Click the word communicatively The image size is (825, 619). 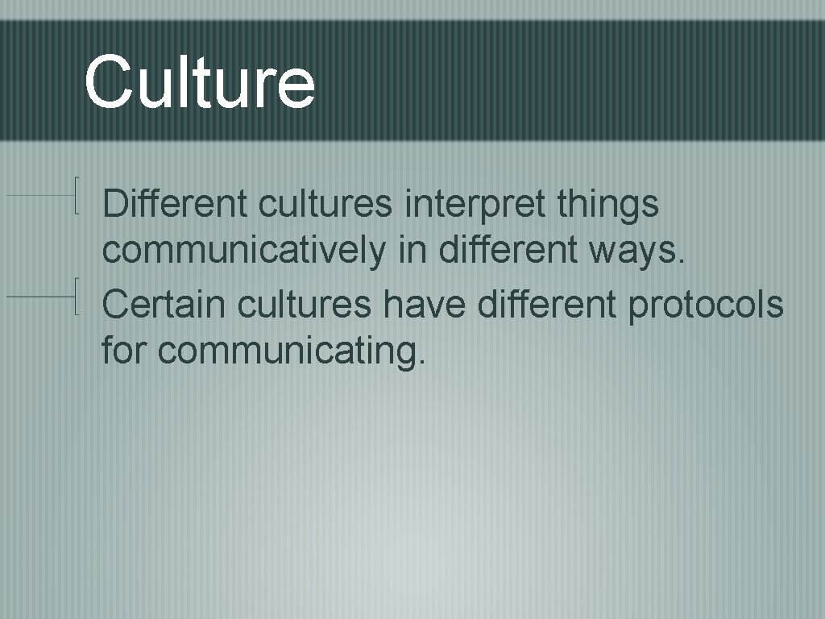coord(244,252)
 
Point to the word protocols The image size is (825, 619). coord(705,305)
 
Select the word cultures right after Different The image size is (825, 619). coord(325,203)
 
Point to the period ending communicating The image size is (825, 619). coord(420,361)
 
